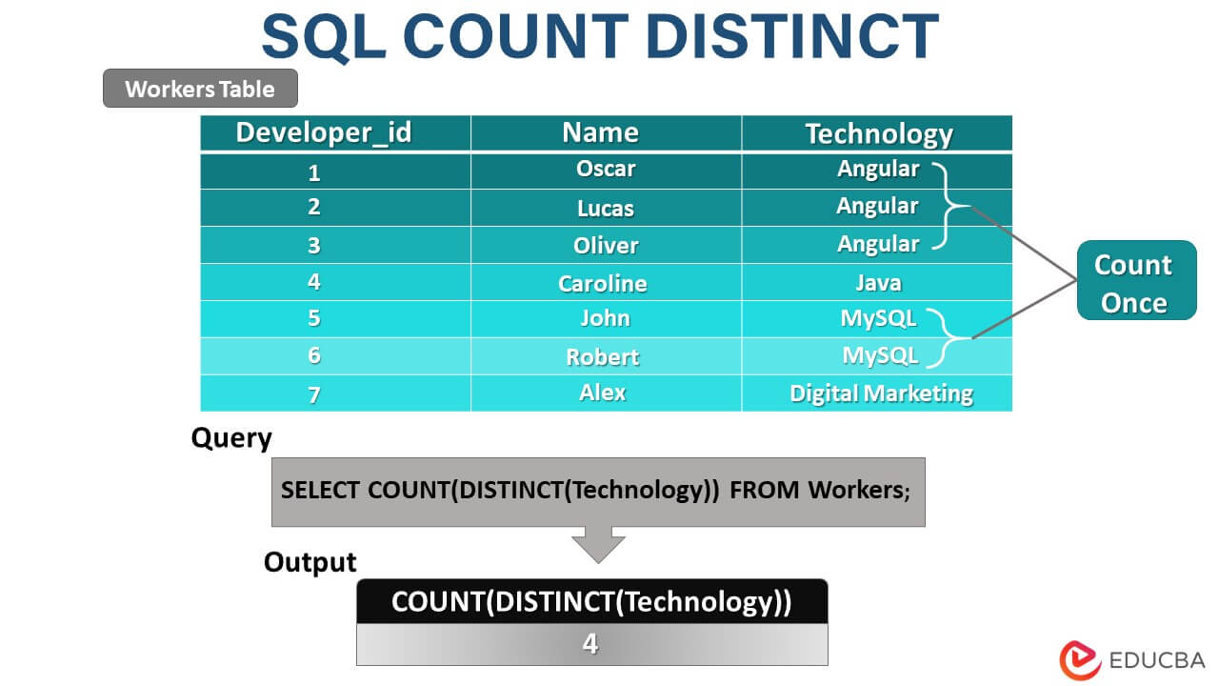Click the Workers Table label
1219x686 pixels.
(200, 89)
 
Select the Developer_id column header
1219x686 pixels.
(324, 132)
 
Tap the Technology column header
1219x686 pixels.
(878, 133)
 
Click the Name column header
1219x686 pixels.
(600, 132)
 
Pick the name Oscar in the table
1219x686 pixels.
(606, 169)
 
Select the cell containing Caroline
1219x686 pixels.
(602, 283)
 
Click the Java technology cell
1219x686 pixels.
(877, 282)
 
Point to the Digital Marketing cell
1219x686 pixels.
(881, 393)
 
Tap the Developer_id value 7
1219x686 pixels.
(314, 394)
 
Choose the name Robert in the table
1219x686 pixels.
(602, 356)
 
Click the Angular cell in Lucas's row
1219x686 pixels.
(877, 206)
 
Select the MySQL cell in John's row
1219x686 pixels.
(877, 318)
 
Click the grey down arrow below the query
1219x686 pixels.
(598, 544)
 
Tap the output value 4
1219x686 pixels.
(590, 645)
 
